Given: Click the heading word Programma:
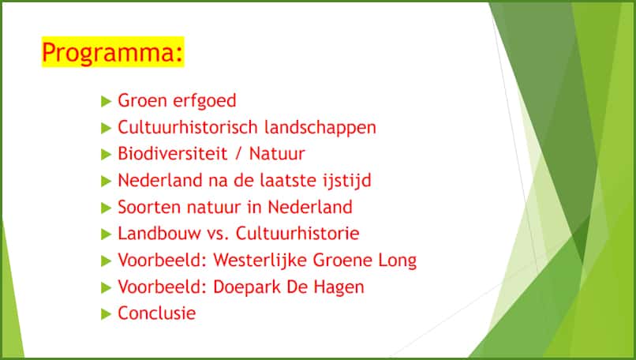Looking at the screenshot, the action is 113,52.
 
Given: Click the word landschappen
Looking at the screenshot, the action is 320,128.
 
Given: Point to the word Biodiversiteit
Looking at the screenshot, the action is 173,154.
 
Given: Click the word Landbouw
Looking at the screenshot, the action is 159,234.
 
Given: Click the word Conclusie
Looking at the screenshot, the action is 156,313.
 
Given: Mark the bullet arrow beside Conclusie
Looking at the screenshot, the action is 107,313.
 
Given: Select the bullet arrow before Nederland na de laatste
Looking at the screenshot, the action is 107,181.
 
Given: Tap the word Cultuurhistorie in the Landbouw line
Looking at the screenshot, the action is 297,234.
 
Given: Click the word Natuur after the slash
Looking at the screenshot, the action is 277,154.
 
